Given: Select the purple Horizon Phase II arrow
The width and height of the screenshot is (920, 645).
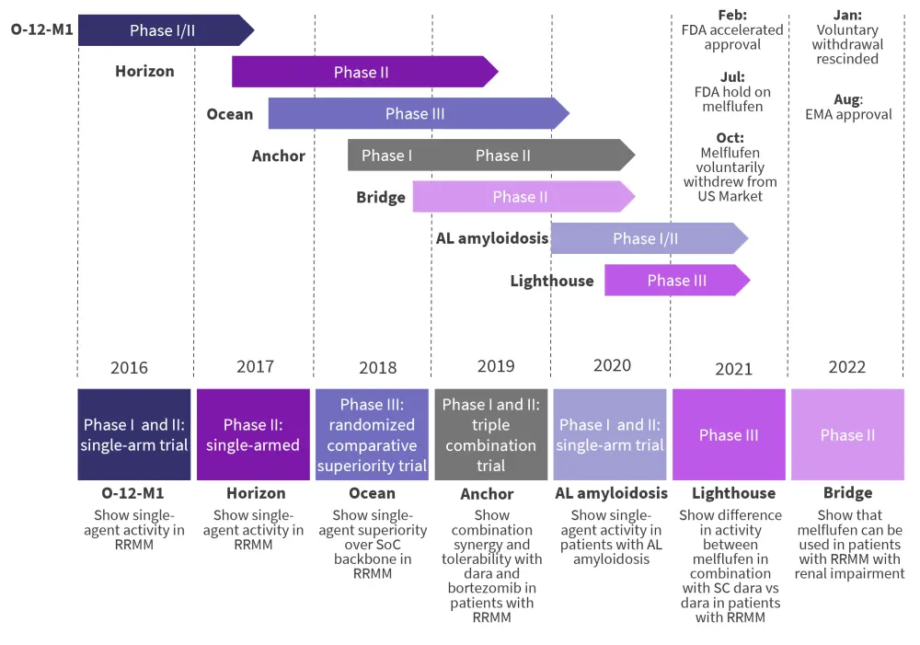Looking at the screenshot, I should click(x=362, y=72).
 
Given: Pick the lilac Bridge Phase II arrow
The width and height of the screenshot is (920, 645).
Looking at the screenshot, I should click(x=521, y=197).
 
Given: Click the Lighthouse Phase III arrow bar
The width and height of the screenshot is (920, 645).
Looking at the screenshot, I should click(x=676, y=281).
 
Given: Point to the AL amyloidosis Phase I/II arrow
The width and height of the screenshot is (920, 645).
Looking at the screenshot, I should click(x=646, y=239).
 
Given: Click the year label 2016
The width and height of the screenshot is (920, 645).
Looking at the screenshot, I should click(x=129, y=368).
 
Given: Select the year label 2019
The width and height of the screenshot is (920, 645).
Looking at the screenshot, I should click(x=496, y=366).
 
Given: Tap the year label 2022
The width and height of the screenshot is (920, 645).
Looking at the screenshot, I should click(x=846, y=367).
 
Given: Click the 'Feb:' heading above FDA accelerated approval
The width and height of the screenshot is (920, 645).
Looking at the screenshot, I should click(x=732, y=15).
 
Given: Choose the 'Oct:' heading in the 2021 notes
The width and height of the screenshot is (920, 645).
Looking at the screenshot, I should click(x=730, y=138).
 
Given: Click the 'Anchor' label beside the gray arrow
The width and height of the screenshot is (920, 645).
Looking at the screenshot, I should click(x=279, y=155).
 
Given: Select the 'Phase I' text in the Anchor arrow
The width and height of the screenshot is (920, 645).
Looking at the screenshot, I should click(x=387, y=155).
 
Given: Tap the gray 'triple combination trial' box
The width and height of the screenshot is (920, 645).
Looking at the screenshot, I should click(x=490, y=434).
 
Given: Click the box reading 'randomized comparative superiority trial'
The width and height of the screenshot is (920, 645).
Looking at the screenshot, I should click(x=372, y=434).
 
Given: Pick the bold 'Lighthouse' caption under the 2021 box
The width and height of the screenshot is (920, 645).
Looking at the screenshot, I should click(x=733, y=494).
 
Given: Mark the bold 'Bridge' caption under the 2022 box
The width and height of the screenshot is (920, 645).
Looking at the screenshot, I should click(x=847, y=494).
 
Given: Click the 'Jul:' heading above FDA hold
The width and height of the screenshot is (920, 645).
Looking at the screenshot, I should click(x=732, y=77).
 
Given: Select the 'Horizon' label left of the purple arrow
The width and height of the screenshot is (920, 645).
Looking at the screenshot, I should click(x=144, y=71).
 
